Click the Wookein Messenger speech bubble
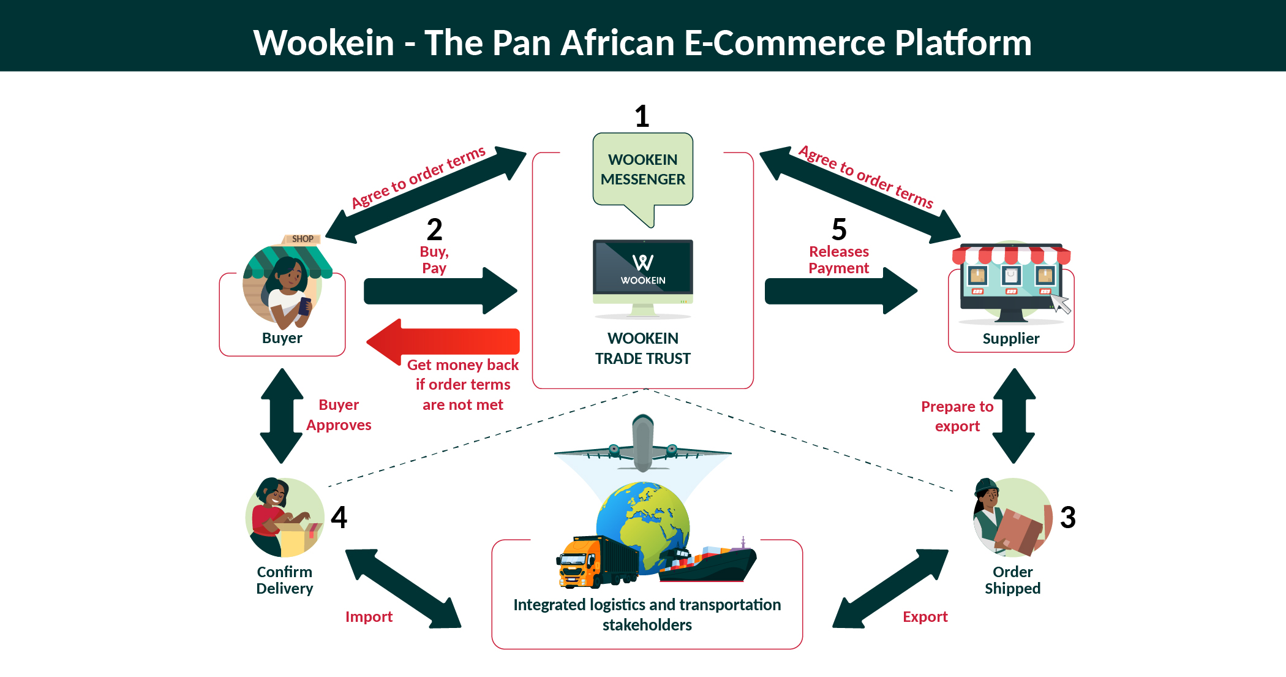pos(642,170)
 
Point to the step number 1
pos(642,116)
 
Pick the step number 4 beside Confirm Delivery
pos(339,517)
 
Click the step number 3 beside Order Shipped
pos(1067,517)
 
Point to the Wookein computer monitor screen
pos(642,267)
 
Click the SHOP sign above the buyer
pos(302,239)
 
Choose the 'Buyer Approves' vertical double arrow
pos(282,415)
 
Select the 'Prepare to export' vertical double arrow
pos(1014,415)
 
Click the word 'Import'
pos(369,617)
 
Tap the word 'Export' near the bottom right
pos(925,617)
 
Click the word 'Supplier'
pos(1010,339)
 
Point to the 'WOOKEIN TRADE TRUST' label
pos(642,349)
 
